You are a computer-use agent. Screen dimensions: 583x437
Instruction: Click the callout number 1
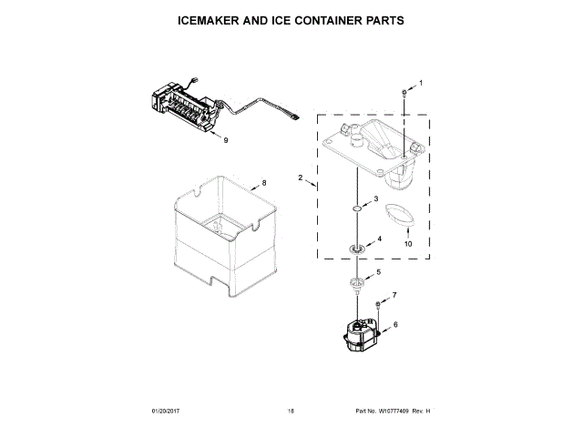[x=421, y=84]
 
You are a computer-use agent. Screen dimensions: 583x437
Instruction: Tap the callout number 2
[x=300, y=179]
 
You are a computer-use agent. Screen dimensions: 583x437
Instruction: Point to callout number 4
[x=380, y=239]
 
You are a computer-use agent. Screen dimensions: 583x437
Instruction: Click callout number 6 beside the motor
[x=395, y=325]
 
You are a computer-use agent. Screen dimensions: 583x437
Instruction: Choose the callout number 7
[x=394, y=296]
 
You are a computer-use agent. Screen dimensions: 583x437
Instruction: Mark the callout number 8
[x=264, y=183]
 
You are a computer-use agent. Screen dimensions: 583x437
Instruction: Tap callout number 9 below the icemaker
[x=226, y=139]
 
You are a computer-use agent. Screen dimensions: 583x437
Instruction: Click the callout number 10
[x=408, y=244]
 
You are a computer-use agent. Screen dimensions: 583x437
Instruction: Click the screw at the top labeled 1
[x=404, y=93]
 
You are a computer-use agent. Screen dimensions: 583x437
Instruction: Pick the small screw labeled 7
[x=377, y=303]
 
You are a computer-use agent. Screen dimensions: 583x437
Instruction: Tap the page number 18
[x=291, y=412]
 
